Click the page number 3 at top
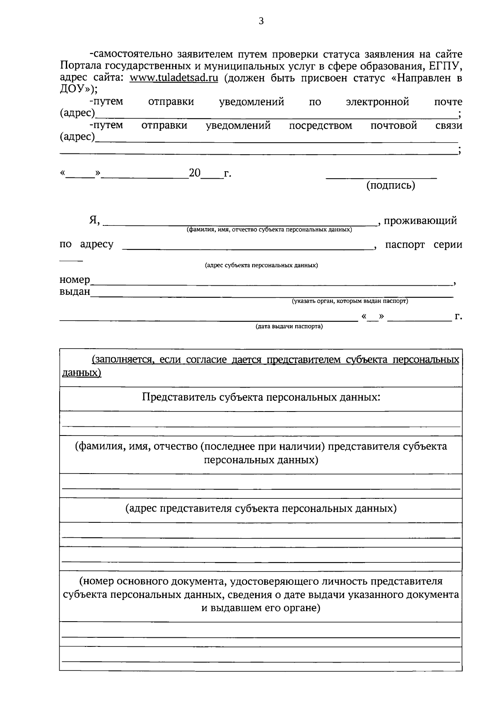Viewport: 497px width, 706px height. click(261, 22)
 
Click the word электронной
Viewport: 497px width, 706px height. click(377, 102)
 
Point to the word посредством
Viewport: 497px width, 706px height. click(320, 126)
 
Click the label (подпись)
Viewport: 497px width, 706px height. click(390, 186)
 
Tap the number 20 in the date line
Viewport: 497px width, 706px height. click(194, 173)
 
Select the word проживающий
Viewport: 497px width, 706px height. click(420, 221)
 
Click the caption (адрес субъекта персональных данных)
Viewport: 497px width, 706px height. click(261, 266)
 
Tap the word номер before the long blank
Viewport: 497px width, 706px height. click(75, 280)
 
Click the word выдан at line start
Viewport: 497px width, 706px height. click(75, 292)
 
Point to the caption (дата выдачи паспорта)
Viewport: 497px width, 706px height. click(289, 327)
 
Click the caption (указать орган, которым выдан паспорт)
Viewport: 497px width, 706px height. click(350, 302)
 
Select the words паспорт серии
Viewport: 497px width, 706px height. click(423, 245)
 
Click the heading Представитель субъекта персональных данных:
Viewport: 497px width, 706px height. click(261, 397)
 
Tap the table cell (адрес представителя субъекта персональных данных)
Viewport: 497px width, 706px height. click(261, 509)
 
